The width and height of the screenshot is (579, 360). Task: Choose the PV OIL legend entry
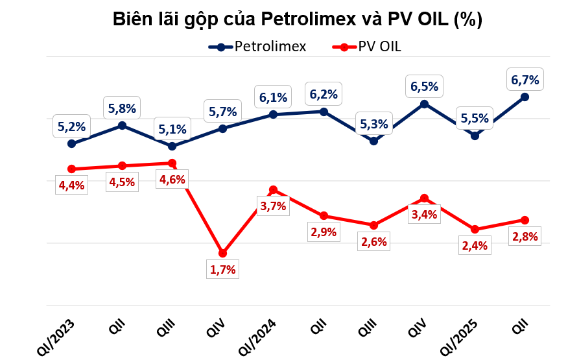371,47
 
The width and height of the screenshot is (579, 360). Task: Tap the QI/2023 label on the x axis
58,336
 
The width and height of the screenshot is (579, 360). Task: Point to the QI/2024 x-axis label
258,336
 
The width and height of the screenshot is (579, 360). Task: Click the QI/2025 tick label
459,336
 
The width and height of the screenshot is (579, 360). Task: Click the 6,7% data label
525,80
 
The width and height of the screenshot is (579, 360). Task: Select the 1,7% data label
222,269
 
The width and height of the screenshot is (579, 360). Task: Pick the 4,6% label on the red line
172,180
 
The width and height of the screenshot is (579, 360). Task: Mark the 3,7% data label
273,207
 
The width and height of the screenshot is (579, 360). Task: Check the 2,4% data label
475,246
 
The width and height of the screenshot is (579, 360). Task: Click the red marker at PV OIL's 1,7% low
222,253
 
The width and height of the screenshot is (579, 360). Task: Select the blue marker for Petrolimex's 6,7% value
525,97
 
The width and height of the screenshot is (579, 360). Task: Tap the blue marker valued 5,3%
373,141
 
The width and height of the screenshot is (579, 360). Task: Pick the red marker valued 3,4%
424,198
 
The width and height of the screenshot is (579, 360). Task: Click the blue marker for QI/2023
71,144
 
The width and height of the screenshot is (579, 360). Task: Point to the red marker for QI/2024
273,190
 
